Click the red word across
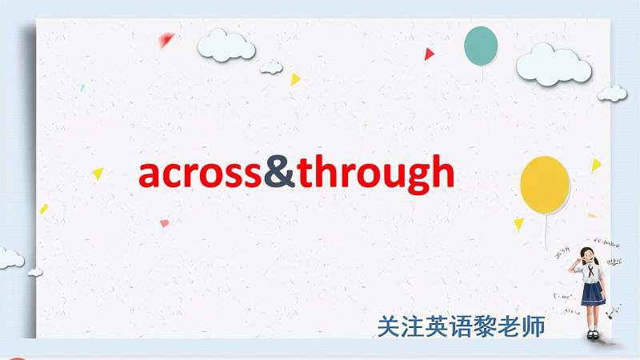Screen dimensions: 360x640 pos(201,174)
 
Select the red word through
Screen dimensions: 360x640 pos(375,174)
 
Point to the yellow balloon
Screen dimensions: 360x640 pos(545,185)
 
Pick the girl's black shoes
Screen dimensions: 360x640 pos(593,335)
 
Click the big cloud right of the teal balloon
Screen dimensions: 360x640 pos(553,64)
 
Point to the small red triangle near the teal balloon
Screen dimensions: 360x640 pos(429,54)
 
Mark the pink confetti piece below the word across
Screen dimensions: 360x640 pos(164,223)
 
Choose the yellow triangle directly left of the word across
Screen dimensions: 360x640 pos(98,173)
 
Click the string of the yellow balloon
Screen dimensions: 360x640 pos(547,228)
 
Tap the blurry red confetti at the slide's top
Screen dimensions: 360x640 pos(166,38)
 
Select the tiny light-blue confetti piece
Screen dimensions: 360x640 pos(82,88)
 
